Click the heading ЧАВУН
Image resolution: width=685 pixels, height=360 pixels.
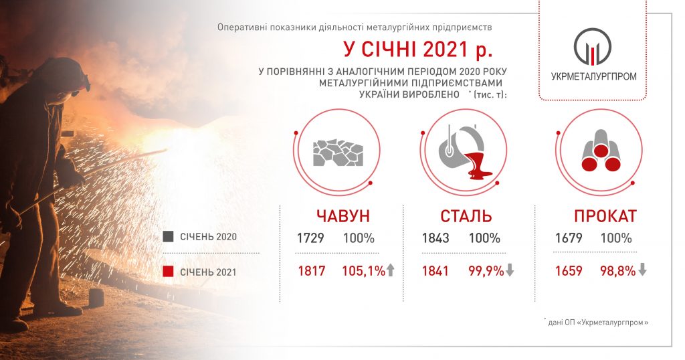pos(343,216)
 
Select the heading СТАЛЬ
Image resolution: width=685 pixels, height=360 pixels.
pos(466,216)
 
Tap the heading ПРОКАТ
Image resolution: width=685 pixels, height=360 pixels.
pos(605,216)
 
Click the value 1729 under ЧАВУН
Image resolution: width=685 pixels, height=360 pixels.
pos(310,238)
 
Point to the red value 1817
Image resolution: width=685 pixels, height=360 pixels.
pos(312,271)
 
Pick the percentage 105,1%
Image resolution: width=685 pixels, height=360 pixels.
pos(363,271)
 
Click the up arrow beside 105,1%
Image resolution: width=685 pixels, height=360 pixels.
pos(390,270)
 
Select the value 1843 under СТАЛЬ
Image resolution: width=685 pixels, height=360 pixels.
pos(435,238)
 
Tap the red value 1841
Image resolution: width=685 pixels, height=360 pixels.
pos(435,271)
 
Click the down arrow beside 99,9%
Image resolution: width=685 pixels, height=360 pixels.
pos(509,270)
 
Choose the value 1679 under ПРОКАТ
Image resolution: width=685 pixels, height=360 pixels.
pos(569,238)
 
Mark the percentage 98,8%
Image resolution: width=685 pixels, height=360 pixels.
pos(617,271)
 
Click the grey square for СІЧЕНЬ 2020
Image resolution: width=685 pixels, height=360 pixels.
pos(168,237)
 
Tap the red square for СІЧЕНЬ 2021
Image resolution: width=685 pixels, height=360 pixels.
pos(168,272)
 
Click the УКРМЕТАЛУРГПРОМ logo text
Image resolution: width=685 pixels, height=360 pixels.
pos(594,76)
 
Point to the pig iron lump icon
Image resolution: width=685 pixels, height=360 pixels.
pos(338,153)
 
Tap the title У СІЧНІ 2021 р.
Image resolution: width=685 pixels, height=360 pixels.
pos(418,49)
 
